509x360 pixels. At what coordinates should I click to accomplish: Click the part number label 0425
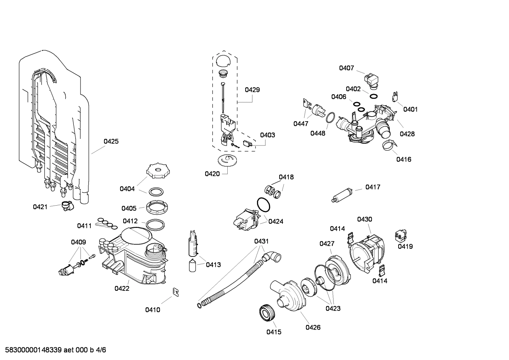coord(111,141)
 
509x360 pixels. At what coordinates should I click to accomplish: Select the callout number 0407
coord(346,68)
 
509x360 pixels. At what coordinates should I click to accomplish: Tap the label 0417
coord(372,187)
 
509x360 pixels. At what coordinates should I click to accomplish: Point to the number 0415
coord(274,332)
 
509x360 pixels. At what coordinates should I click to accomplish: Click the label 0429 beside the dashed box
coord(252,90)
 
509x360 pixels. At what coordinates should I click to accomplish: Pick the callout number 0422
coord(122,288)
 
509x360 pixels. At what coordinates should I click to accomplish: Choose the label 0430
coord(364,219)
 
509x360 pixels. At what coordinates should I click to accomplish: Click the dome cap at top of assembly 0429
coord(223,60)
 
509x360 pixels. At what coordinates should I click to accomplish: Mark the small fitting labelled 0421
coord(66,206)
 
